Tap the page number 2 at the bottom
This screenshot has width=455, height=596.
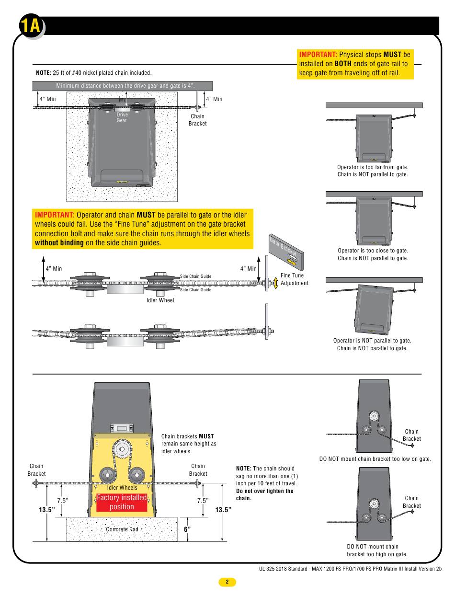(x=227, y=582)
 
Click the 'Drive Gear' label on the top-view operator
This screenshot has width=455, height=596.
(x=122, y=117)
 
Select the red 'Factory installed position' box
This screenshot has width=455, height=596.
(x=122, y=502)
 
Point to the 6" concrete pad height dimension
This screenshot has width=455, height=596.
(x=187, y=529)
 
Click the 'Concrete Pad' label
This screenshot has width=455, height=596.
(x=122, y=529)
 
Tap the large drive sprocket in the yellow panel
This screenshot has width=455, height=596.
(x=122, y=449)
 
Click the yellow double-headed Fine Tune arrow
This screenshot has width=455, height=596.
(x=275, y=283)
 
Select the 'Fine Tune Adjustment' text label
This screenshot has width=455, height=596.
(x=295, y=279)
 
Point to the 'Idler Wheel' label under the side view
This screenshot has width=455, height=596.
(x=160, y=300)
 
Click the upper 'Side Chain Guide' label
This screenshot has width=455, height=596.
(x=195, y=276)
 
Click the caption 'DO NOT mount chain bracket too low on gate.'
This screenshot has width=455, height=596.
(x=375, y=459)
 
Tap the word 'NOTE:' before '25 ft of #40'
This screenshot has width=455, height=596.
(x=44, y=73)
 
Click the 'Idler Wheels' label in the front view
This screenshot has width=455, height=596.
(x=122, y=488)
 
